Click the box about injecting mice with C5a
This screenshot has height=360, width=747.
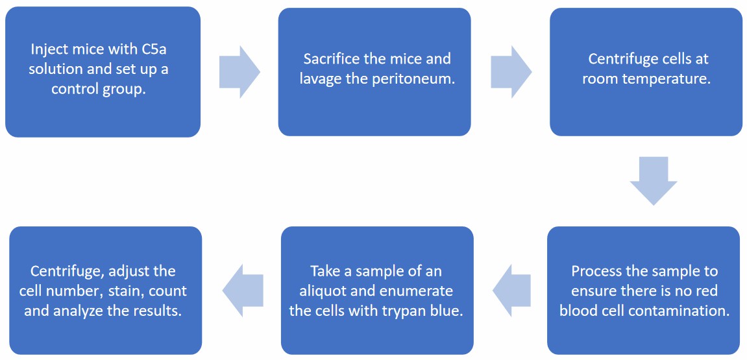tap(103, 71)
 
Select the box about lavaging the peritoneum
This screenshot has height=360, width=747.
tap(374, 71)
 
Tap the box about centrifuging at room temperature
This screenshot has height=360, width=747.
tap(646, 71)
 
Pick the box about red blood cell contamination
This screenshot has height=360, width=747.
tap(643, 289)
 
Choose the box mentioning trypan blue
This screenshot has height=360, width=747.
tap(376, 289)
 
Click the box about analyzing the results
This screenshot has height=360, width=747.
tap(105, 289)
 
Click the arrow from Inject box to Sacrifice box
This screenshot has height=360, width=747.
tap(239, 72)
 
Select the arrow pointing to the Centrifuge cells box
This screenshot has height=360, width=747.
tap(511, 72)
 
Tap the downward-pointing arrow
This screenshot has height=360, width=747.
tap(653, 180)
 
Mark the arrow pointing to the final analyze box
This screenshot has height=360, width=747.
tap(242, 289)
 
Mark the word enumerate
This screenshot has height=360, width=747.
tap(419, 291)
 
